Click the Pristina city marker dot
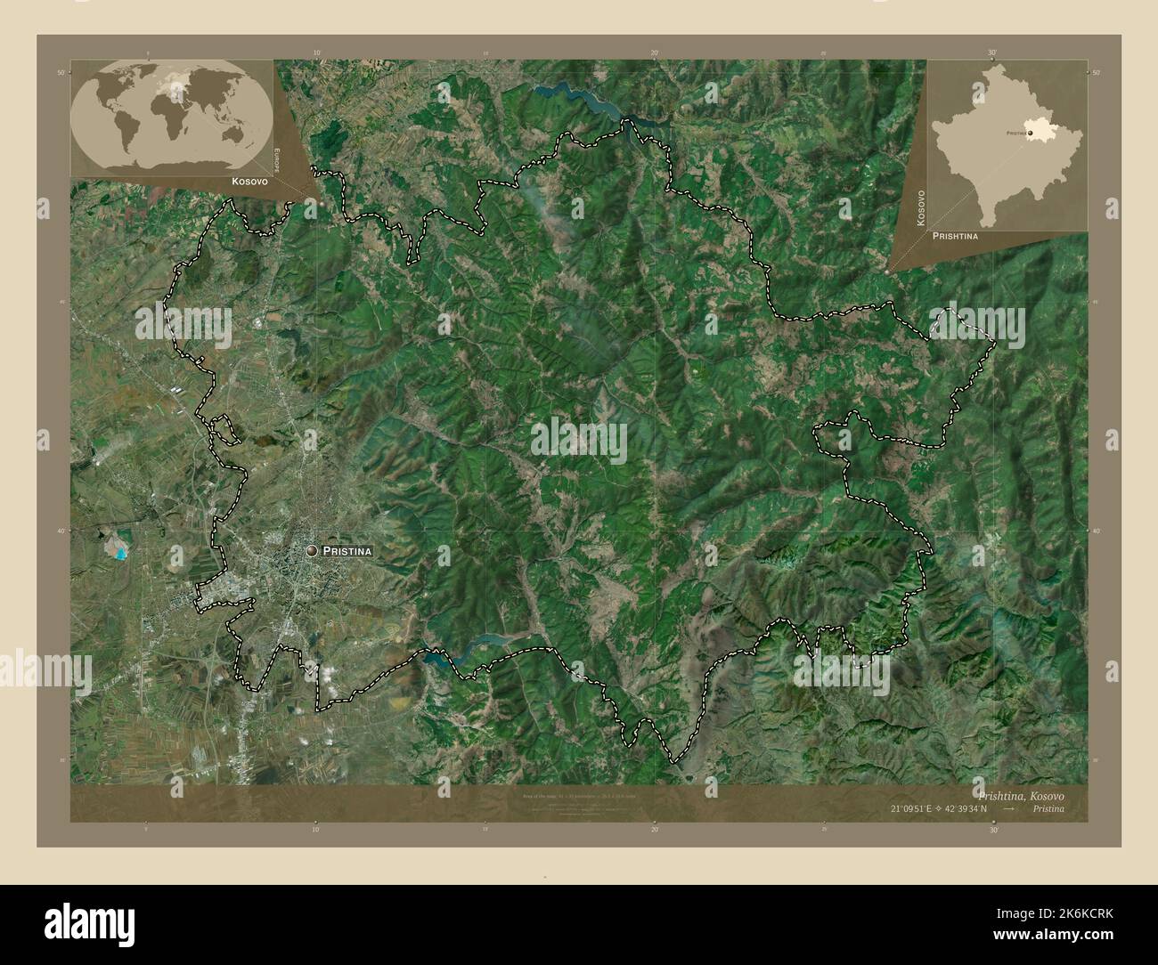point(312,552)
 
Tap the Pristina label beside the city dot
point(347,552)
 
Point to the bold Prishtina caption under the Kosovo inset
point(955,237)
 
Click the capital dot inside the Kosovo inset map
point(1031,133)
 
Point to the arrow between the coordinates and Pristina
point(1009,809)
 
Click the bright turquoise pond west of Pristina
point(118,550)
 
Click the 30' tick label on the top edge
point(992,53)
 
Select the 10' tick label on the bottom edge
point(316,829)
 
